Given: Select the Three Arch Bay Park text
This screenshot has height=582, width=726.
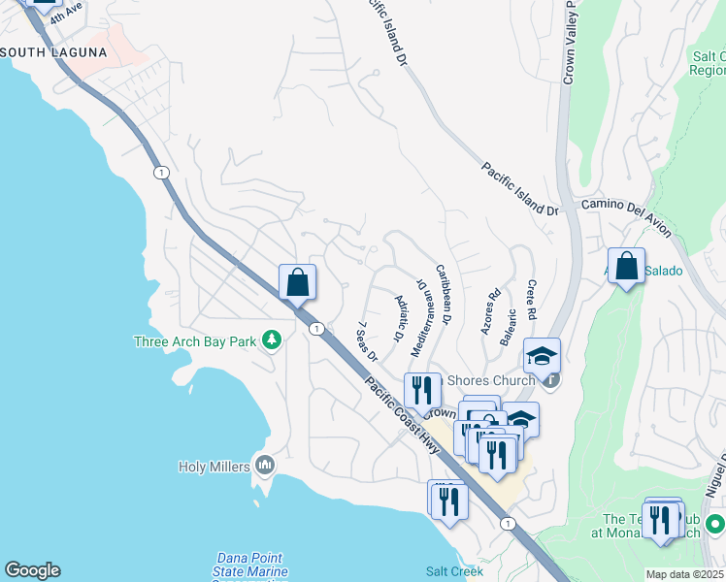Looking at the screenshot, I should point(195,340).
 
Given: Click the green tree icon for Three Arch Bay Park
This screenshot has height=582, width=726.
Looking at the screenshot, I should point(274,340).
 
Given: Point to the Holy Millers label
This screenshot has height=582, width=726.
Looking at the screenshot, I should point(214,467).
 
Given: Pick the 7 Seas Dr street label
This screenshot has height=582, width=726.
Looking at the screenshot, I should point(367,341).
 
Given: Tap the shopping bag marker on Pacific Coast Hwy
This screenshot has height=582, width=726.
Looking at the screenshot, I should point(298,283).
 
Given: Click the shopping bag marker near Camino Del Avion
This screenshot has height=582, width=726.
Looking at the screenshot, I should point(627,267).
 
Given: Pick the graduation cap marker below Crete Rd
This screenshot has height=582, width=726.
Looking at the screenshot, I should point(542,355).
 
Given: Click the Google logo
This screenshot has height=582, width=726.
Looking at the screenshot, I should point(32,570).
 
